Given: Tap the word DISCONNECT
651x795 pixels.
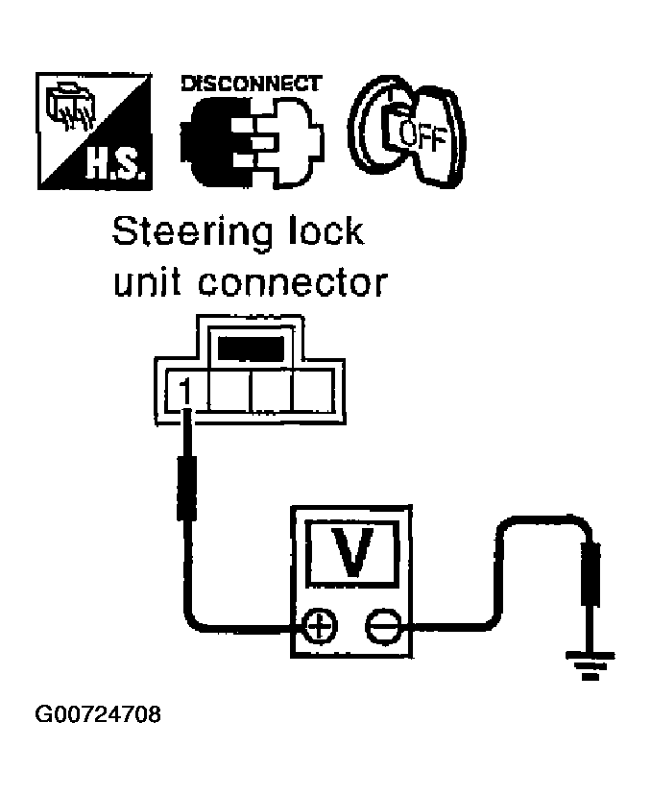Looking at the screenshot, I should [x=251, y=84].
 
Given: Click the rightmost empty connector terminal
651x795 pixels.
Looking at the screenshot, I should [x=312, y=392].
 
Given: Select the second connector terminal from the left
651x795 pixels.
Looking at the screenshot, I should [x=229, y=392].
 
